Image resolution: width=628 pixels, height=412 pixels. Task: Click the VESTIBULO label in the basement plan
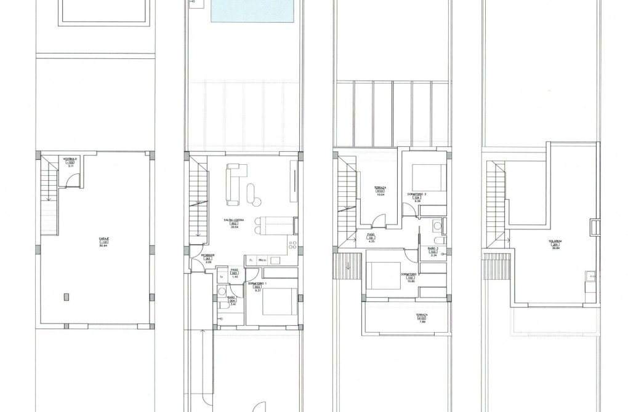pos(70,161)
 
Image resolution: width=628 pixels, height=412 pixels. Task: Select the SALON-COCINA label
pos(234,223)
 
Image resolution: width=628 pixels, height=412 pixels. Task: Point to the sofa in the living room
pos(234,184)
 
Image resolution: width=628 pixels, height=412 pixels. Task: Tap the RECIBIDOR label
pos(209,258)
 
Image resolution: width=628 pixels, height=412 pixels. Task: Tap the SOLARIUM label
pos(555,244)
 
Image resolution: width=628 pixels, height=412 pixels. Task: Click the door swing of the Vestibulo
pos(73,178)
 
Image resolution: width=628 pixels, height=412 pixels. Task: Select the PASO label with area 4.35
pos(371,237)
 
